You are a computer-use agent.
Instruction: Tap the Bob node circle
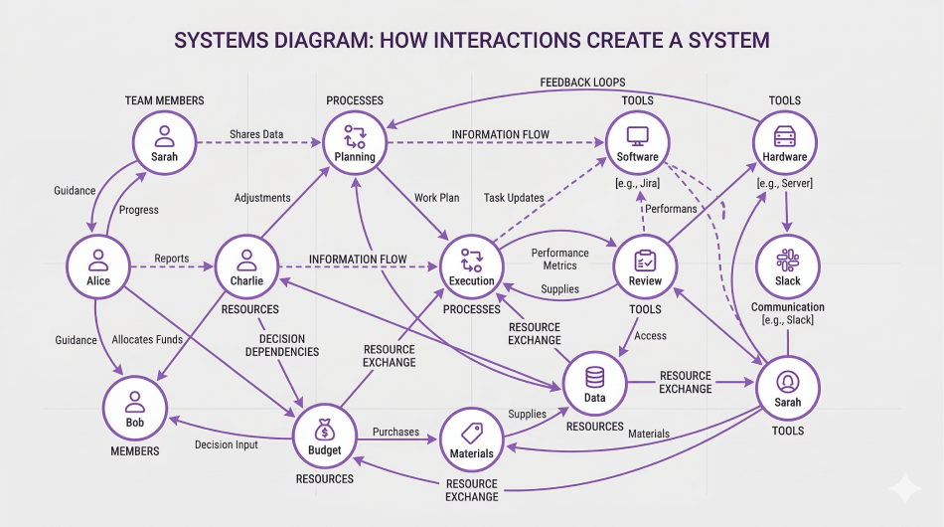135,409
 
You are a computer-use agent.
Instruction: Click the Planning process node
355,143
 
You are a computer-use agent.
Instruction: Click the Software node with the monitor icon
637,143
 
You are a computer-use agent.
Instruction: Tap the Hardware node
784,143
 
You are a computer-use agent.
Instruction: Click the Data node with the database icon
594,384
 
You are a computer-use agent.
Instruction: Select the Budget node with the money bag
325,437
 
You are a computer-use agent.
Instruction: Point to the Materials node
471,439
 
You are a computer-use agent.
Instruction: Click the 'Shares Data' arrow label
255,134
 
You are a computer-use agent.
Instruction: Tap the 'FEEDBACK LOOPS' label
582,82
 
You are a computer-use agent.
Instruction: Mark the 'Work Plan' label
436,198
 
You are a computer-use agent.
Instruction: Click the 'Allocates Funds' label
147,340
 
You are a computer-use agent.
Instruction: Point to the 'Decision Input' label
227,445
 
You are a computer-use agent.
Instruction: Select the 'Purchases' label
395,433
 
